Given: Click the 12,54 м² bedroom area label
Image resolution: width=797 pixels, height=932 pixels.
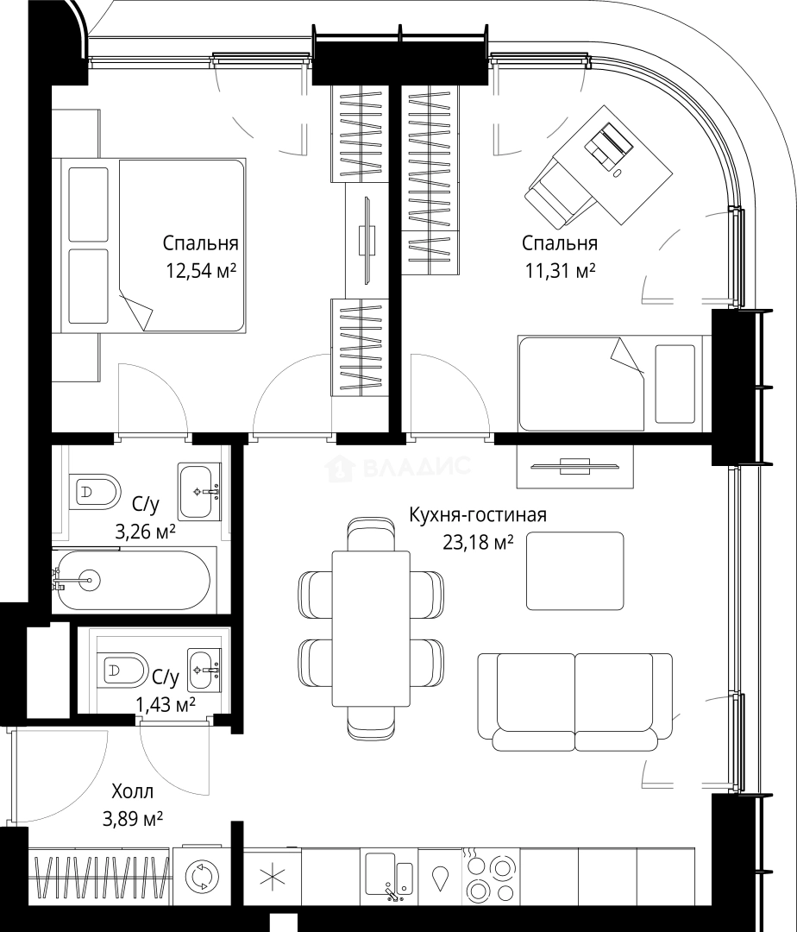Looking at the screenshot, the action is coord(201,271).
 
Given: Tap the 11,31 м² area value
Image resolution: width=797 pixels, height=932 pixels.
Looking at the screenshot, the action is coord(560,271).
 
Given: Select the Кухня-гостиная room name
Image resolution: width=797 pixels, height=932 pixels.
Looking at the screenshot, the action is coord(478,514).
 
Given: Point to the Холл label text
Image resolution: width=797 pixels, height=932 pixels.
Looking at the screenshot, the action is coord(133,791).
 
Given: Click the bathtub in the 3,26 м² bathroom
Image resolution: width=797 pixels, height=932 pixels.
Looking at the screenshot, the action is coord(130,580).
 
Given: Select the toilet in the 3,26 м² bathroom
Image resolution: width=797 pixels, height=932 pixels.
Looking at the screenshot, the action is coord(95,492).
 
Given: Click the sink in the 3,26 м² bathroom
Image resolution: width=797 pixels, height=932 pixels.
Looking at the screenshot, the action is coord(200,492).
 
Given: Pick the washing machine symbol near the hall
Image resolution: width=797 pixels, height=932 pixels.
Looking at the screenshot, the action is coord(202,877).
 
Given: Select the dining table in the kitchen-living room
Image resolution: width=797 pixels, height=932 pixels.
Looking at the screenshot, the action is coord(371,629).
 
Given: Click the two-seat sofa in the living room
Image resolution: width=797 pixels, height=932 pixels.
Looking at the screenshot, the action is coord(574,702).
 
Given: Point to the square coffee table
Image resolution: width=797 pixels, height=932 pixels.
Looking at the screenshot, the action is coord(574,570).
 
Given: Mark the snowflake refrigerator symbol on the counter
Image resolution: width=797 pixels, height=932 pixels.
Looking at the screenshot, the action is coord(273,876).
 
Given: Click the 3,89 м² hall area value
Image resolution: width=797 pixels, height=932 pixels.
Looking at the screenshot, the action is coord(133,820).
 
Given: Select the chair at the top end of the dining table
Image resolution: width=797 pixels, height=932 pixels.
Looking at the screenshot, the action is coord(371,534).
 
